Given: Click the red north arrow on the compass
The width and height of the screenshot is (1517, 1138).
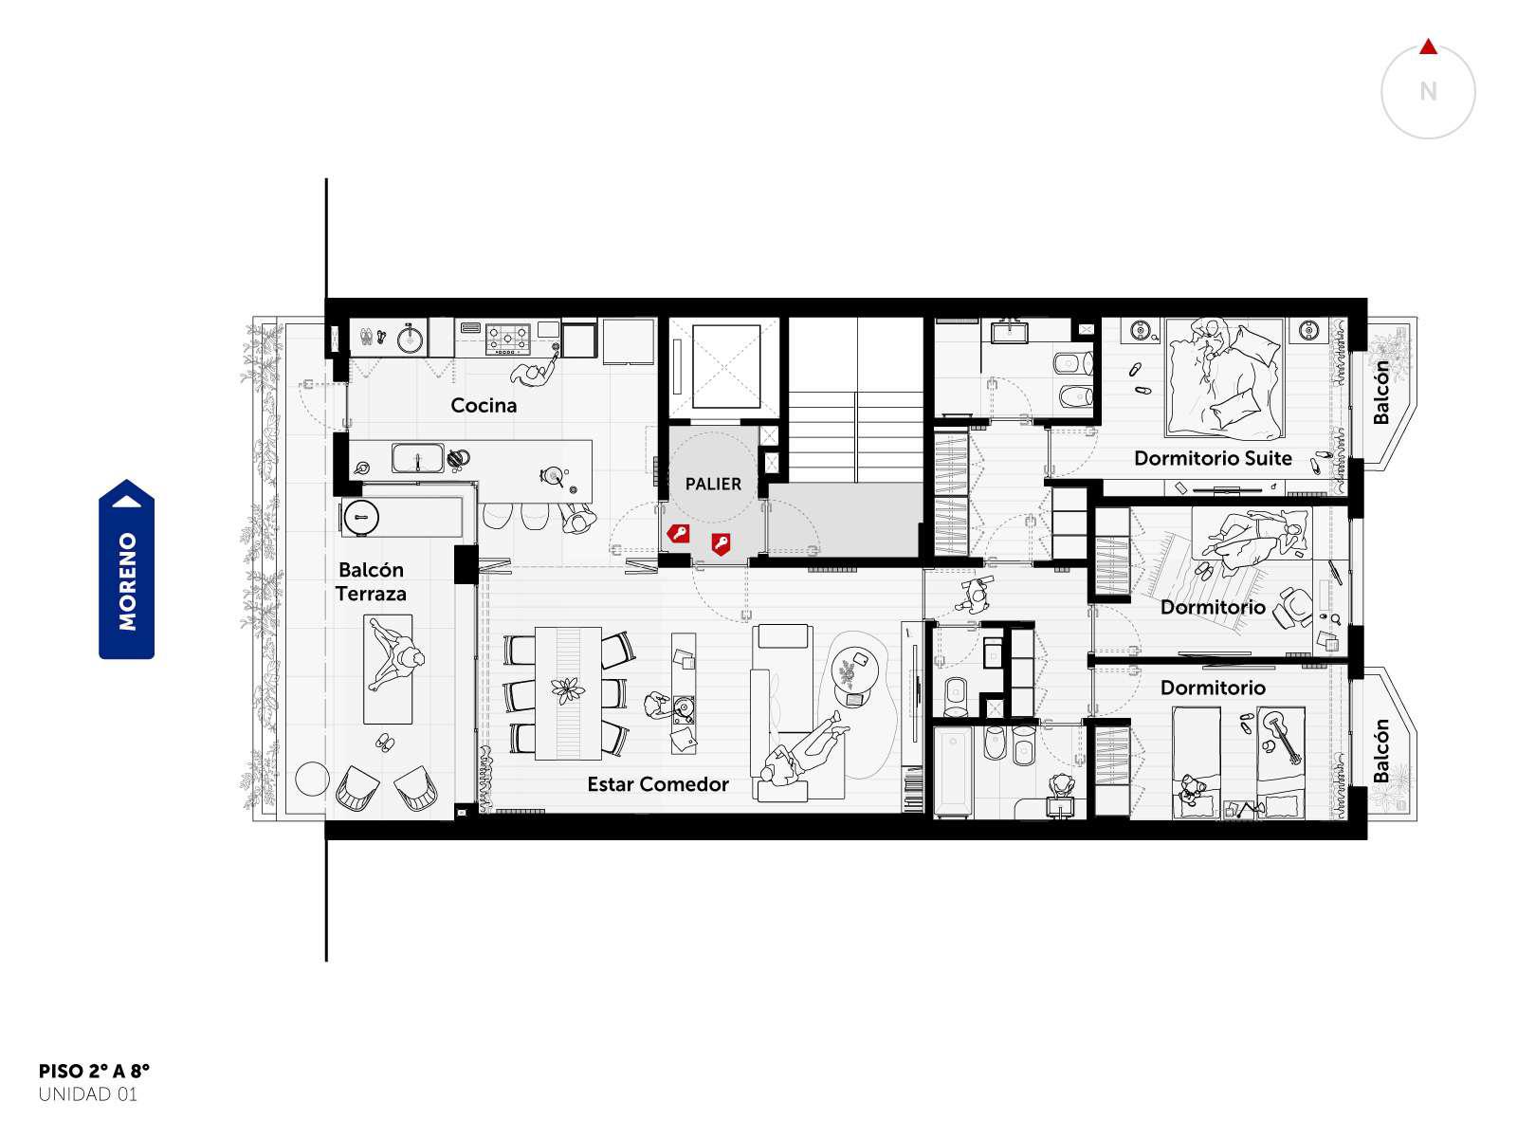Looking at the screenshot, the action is [x=1428, y=47].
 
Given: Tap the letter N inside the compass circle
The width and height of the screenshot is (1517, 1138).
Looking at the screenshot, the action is [x=1428, y=91].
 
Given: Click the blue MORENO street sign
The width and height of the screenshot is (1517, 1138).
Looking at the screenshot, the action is [x=126, y=569].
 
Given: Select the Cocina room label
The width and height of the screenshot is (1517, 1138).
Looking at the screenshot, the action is [x=484, y=405].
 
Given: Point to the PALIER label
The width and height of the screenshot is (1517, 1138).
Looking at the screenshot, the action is [x=713, y=484].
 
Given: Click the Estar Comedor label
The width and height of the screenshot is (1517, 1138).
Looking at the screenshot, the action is [x=658, y=784].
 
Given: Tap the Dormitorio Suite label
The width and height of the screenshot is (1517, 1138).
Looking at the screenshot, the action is [x=1213, y=458].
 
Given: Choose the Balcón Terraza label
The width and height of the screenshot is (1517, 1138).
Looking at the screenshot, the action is [x=371, y=581].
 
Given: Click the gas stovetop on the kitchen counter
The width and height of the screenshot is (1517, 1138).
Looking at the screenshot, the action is [x=507, y=340].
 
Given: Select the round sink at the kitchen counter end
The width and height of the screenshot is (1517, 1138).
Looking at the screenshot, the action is [x=411, y=338].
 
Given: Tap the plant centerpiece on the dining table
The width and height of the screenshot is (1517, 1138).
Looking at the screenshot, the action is [x=568, y=689].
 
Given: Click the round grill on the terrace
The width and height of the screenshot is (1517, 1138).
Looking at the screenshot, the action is [x=360, y=517].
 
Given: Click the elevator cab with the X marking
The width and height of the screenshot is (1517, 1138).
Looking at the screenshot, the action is [x=725, y=367].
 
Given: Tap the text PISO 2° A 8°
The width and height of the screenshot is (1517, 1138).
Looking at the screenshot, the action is [x=94, y=1072].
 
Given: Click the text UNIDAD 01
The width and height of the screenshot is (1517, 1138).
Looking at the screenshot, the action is [x=88, y=1094].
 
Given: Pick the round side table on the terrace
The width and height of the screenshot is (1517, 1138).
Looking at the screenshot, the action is [x=312, y=779].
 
